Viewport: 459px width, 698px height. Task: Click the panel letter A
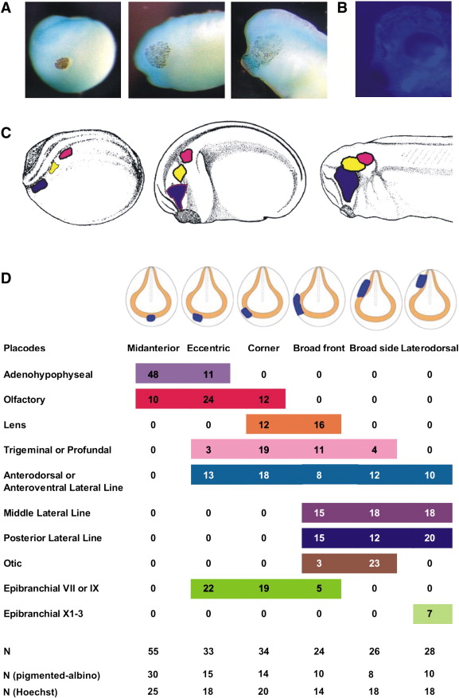click(x=6, y=8)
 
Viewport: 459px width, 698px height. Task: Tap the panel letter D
click(x=6, y=279)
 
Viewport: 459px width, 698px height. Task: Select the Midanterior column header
click(x=154, y=348)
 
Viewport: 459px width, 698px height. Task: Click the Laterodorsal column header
click(x=430, y=348)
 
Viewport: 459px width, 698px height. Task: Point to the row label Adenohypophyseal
click(x=48, y=374)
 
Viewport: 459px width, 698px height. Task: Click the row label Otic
click(x=13, y=563)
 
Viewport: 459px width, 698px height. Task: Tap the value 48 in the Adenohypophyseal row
click(x=153, y=374)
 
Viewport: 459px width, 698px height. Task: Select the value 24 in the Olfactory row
click(x=208, y=400)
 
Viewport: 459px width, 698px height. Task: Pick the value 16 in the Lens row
click(x=319, y=425)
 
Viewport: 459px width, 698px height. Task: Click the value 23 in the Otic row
click(x=374, y=563)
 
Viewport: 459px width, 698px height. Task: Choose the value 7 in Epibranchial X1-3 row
click(x=430, y=614)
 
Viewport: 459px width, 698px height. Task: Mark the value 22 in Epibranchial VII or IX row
click(x=208, y=588)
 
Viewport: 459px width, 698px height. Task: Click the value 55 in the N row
click(x=153, y=652)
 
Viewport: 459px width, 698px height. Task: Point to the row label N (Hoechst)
click(x=31, y=692)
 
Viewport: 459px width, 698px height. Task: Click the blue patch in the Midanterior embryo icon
click(x=151, y=318)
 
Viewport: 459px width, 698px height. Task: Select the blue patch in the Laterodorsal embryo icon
click(x=421, y=281)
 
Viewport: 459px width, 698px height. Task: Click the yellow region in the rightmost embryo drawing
click(x=353, y=164)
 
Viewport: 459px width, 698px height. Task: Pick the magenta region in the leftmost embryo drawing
click(x=66, y=153)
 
